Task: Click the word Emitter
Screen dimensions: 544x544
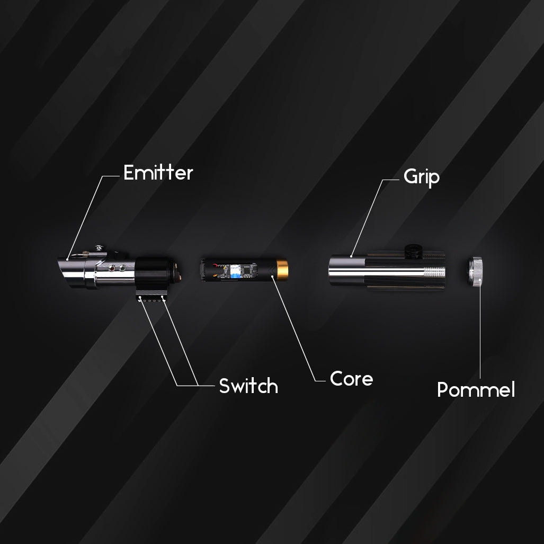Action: click(x=158, y=173)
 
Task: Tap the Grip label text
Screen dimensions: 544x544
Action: click(x=422, y=177)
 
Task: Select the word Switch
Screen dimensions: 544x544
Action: click(x=248, y=386)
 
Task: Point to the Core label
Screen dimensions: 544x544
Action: click(x=351, y=379)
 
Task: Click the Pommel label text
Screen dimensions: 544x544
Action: click(x=476, y=389)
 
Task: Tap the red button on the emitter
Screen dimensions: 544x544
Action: click(x=112, y=268)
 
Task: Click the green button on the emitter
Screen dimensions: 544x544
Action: click(x=122, y=268)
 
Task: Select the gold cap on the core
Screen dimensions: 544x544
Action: click(x=282, y=269)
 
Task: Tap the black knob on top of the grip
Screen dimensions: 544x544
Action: click(x=414, y=251)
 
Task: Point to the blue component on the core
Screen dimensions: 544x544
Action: click(x=236, y=271)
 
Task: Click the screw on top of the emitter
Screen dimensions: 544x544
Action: click(x=99, y=248)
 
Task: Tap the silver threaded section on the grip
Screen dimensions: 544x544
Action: click(x=434, y=272)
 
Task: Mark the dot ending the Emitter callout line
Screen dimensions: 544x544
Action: click(x=67, y=259)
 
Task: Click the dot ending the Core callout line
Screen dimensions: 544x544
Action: click(x=272, y=277)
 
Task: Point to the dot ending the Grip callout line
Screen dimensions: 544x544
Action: click(x=351, y=256)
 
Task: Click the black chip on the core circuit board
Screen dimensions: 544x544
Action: click(x=249, y=270)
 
